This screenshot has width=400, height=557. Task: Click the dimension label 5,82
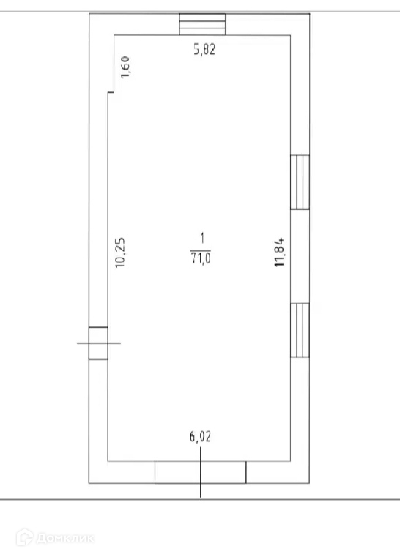click(204, 49)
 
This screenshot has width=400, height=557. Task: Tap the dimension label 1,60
click(126, 67)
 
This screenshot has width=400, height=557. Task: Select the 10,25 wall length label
click(121, 253)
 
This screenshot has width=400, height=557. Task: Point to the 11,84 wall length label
click(279, 253)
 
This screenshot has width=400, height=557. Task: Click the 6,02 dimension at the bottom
click(200, 436)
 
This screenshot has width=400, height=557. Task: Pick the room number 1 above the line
click(202, 239)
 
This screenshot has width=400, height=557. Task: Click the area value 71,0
click(201, 258)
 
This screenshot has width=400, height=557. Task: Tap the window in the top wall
click(202, 24)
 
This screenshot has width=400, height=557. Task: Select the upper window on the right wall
click(300, 182)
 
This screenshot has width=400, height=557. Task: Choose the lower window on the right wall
click(300, 330)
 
